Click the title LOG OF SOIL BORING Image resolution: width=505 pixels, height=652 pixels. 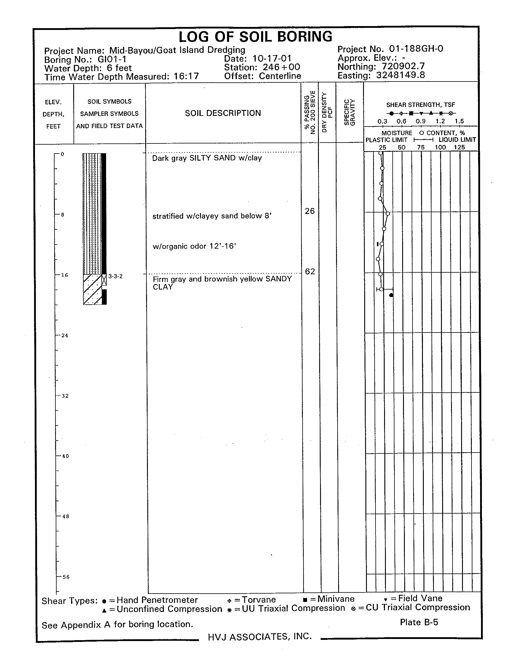coord(255,37)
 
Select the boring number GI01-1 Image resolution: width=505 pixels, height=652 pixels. coord(112,59)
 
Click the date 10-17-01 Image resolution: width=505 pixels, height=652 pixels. coord(271,58)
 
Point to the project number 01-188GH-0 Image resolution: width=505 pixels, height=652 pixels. coord(416,48)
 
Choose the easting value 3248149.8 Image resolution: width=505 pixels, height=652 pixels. coord(400,75)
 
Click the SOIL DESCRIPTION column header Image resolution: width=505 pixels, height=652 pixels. coord(223,113)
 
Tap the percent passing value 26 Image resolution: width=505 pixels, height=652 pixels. coord(310,211)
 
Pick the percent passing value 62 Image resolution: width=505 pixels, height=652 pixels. coord(310,271)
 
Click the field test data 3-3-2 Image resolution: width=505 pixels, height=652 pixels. coord(115,277)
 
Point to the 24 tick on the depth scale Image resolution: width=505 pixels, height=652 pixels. coord(65,335)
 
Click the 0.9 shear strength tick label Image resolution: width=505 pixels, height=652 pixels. coord(421,122)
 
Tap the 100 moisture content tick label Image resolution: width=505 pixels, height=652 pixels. coord(440,148)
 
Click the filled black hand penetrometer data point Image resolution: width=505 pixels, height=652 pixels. coord(391,295)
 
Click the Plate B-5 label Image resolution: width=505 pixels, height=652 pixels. coord(419,622)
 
